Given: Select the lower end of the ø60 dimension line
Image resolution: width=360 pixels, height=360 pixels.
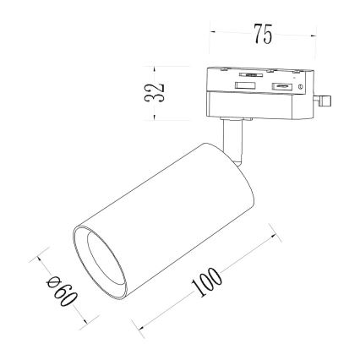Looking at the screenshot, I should (x=85, y=323).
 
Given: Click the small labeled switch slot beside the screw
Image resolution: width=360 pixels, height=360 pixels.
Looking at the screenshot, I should (x=282, y=86).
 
